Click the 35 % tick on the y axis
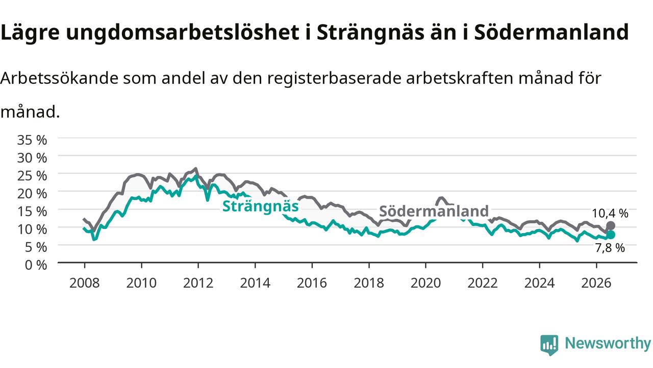(32, 140)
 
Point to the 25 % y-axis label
(32, 176)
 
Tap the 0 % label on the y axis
(36, 265)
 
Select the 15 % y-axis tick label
(32, 212)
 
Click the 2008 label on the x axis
(85, 283)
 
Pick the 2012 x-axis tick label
(198, 283)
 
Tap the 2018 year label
(369, 283)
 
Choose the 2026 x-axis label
(596, 283)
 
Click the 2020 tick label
(425, 283)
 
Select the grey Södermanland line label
(434, 211)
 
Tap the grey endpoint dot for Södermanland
(611, 226)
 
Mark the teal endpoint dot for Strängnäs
(611, 235)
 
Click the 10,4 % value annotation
(610, 214)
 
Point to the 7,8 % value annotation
(610, 248)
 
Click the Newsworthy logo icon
(549, 344)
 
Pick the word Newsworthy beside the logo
(608, 343)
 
